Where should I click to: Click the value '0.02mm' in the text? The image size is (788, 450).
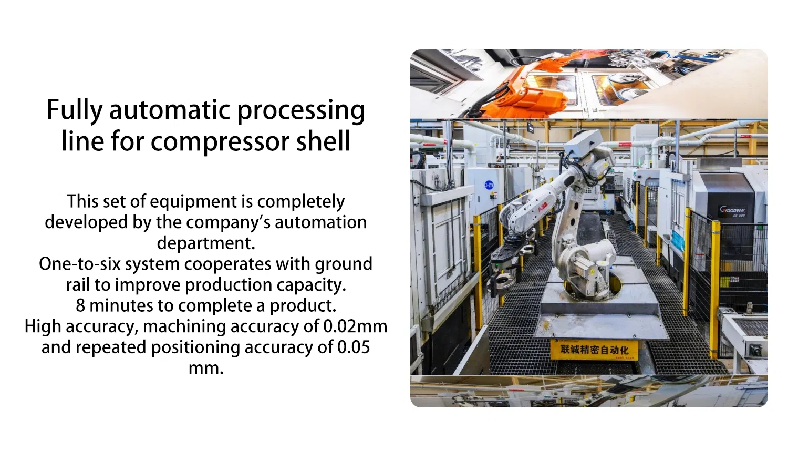click(x=355, y=326)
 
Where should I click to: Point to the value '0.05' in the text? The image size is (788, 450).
click(x=354, y=347)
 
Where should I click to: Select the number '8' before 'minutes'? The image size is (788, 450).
click(x=80, y=306)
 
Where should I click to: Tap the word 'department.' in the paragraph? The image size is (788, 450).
click(x=206, y=243)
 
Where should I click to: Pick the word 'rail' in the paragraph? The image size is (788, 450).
click(x=77, y=285)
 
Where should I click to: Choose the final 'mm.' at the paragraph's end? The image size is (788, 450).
click(x=206, y=368)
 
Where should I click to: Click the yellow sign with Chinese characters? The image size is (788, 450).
click(x=594, y=350)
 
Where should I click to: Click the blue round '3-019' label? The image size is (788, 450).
click(x=489, y=185)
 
